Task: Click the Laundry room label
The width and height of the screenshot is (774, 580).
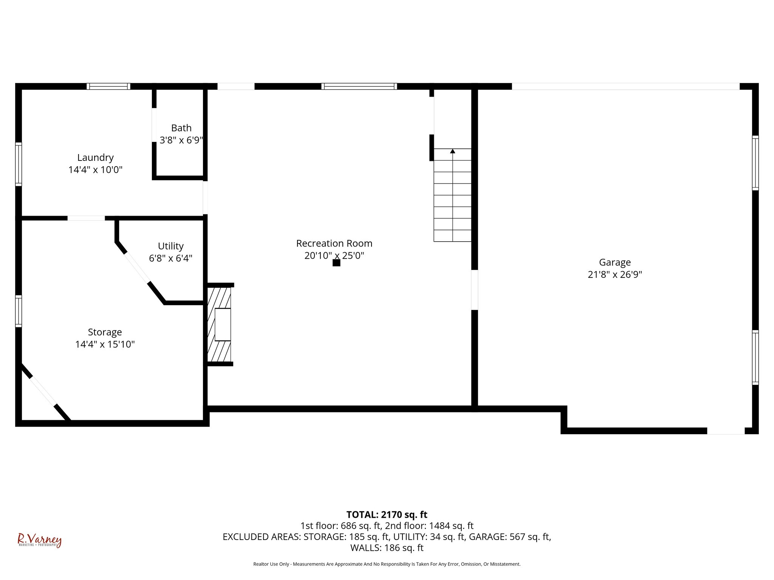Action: pyautogui.click(x=95, y=157)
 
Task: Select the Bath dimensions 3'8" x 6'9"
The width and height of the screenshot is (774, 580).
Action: pyautogui.click(x=181, y=140)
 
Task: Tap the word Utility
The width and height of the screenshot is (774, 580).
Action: pyautogui.click(x=170, y=246)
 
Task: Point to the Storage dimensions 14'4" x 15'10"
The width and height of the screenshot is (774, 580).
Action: pyautogui.click(x=105, y=344)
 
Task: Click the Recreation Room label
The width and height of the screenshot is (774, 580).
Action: pyautogui.click(x=334, y=243)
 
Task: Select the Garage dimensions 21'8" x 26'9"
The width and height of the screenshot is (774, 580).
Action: pyautogui.click(x=615, y=275)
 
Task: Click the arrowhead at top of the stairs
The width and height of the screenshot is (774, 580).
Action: pyautogui.click(x=452, y=151)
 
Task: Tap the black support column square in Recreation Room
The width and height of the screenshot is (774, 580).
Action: pyautogui.click(x=336, y=263)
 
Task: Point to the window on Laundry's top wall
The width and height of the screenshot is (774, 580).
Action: pyautogui.click(x=108, y=86)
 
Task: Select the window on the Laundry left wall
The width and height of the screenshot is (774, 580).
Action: pyautogui.click(x=18, y=164)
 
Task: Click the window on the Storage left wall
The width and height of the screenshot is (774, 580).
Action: pyautogui.click(x=18, y=311)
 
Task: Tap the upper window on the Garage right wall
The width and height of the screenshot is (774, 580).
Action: pyautogui.click(x=755, y=163)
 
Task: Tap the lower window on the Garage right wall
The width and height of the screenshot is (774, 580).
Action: pyautogui.click(x=755, y=357)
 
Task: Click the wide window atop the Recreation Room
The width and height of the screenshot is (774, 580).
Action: pyautogui.click(x=359, y=86)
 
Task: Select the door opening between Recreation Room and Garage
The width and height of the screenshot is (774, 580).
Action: pyautogui.click(x=475, y=290)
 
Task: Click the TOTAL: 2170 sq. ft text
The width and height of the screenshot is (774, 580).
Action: pyautogui.click(x=387, y=515)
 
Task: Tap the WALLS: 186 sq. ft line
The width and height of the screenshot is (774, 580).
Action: pyautogui.click(x=387, y=548)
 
